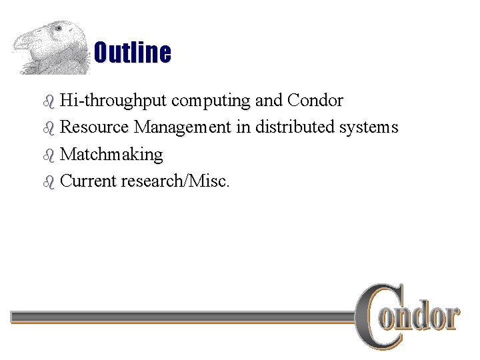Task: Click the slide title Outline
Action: [132, 53]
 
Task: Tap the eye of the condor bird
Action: [59, 29]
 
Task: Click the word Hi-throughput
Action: [113, 101]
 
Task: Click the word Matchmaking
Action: [111, 154]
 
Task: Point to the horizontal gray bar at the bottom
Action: [180, 317]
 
